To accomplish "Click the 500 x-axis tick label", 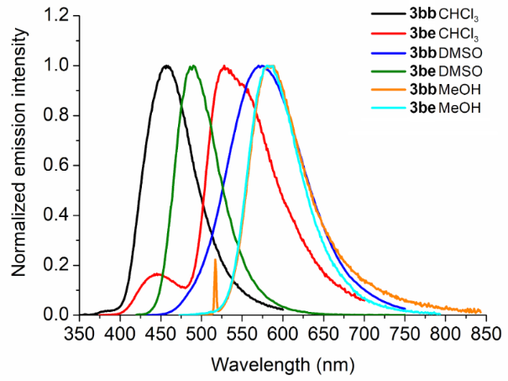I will coord(201,333).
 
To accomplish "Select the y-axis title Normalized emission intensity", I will coord(18,165).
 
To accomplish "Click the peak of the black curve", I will coord(165,66).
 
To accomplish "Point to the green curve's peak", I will coord(193,66).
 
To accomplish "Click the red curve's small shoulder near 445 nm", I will coord(156,274).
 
